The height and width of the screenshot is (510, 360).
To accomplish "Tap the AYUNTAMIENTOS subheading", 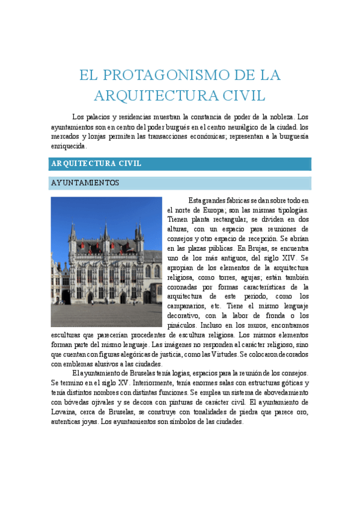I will [x=85, y=183].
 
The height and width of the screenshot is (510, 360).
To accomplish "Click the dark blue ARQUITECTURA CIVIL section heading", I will [x=96, y=164].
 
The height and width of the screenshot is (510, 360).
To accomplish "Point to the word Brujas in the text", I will [x=260, y=248].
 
